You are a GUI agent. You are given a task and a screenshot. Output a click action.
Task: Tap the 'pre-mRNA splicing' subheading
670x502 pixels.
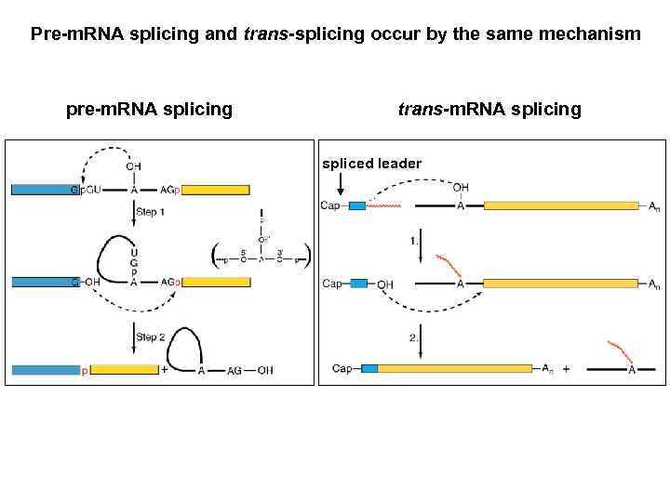tap(149, 110)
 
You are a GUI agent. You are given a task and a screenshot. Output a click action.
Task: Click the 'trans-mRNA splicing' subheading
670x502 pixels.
tap(489, 110)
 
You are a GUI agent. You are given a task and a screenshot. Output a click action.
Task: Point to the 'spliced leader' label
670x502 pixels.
tap(371, 164)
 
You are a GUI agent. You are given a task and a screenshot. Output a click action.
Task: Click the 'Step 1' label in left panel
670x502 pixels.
tap(150, 212)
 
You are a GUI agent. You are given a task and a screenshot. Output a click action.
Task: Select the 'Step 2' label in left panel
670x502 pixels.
tap(150, 337)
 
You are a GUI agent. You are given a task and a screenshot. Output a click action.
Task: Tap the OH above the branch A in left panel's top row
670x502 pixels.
tap(134, 166)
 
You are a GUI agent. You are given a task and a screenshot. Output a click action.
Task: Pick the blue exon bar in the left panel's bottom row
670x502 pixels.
tap(45, 370)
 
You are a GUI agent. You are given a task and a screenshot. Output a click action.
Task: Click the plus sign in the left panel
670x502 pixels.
tap(165, 370)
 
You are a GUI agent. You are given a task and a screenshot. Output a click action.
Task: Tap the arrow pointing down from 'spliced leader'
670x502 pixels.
tap(342, 185)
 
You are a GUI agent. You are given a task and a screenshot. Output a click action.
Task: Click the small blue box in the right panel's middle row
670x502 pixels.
tap(357, 284)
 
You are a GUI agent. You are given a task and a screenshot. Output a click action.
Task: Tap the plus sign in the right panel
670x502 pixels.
tap(565, 368)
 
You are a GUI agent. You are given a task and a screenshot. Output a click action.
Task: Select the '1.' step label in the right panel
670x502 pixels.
tap(414, 240)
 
